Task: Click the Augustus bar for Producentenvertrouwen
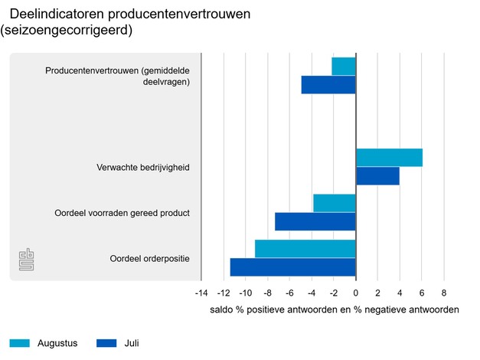(x=344, y=67)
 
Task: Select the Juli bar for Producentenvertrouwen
(x=328, y=84)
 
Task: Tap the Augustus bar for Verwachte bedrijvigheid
(x=389, y=158)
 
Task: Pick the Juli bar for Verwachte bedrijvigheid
(x=377, y=175)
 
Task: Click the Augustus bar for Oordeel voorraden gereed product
(x=335, y=203)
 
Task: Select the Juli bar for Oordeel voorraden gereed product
(x=315, y=221)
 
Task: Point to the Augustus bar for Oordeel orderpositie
(x=305, y=249)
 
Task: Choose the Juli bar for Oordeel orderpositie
(x=293, y=267)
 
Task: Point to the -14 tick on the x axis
(x=201, y=293)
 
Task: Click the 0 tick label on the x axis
(x=356, y=293)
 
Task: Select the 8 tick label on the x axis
(x=444, y=293)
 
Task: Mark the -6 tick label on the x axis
(x=289, y=293)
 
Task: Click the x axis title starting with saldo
(x=334, y=310)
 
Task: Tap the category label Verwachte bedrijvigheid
(x=142, y=167)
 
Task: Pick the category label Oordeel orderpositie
(x=149, y=257)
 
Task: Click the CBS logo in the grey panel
(x=27, y=260)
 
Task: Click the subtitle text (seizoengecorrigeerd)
(x=67, y=31)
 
